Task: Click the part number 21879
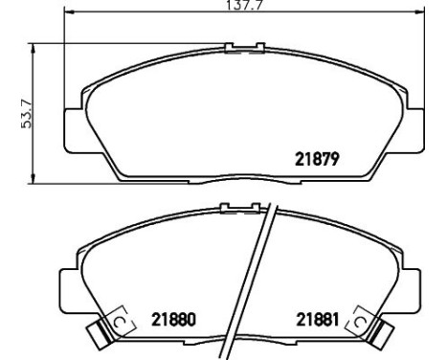(x=317, y=159)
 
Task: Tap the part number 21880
(x=173, y=320)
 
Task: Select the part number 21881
(x=318, y=320)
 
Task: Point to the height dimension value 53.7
(x=26, y=114)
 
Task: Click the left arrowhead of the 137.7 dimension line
(x=69, y=12)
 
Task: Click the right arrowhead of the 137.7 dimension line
(x=419, y=12)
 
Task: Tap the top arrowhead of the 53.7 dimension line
(x=33, y=48)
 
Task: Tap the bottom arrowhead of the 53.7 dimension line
(x=33, y=179)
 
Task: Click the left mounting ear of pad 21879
(x=75, y=130)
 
